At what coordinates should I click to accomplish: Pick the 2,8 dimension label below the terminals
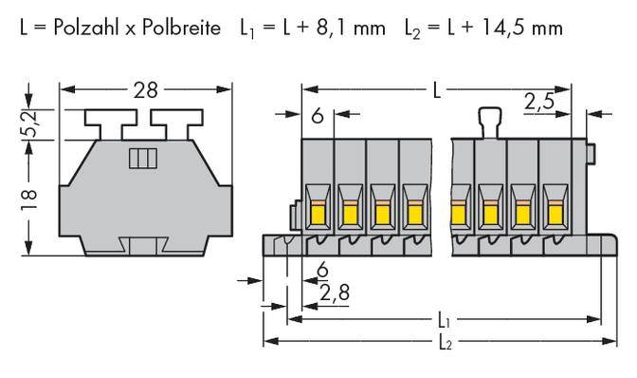[x=335, y=293]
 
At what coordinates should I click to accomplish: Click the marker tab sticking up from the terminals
[x=490, y=123]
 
